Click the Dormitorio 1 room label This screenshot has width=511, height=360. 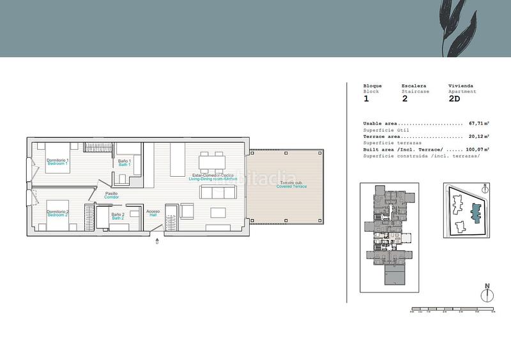pos(57,161)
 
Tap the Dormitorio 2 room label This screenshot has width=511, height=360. pos(57,213)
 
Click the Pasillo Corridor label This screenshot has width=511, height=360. pos(112,195)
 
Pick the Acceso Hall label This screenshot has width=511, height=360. pos(153,213)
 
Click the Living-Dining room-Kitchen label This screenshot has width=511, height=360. pos(213,177)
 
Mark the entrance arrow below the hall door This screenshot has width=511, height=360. pos(158,242)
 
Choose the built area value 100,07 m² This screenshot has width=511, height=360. pos(477,149)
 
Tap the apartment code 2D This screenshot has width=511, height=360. pos(454,99)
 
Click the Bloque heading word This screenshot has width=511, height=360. pos(372,86)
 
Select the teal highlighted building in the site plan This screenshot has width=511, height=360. pos(475,212)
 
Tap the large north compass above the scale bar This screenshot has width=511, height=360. pos(487,294)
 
